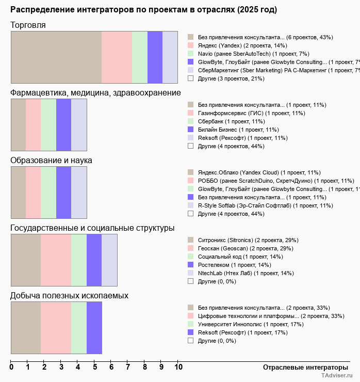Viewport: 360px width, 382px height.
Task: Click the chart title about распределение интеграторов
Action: tap(143, 10)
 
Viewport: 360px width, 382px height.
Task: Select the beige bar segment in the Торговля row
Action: tap(56, 57)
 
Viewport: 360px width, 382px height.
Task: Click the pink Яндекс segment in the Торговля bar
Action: tap(117, 57)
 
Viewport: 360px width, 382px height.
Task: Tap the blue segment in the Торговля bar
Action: tap(155, 57)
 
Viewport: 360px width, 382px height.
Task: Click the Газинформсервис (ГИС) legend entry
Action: tap(244, 113)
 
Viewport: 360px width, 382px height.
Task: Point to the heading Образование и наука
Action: tap(51, 160)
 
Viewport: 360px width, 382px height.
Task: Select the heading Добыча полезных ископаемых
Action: tap(70, 295)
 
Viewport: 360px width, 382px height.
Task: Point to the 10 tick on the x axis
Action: tap(178, 367)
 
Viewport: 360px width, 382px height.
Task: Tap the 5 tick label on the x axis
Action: tap(94, 367)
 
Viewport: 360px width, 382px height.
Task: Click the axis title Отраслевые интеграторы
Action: tap(302, 367)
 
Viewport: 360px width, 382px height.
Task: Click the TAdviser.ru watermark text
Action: tap(337, 376)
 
